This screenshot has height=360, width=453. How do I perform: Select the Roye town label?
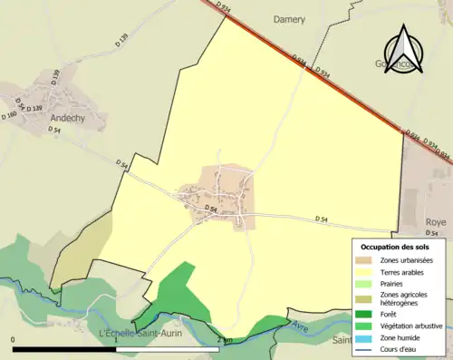[x=435, y=221]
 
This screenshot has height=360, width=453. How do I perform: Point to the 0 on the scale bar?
[x=14, y=340]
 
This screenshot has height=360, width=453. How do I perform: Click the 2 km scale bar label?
[x=226, y=340]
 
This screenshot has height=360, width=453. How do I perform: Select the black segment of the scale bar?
[x=63, y=349]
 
